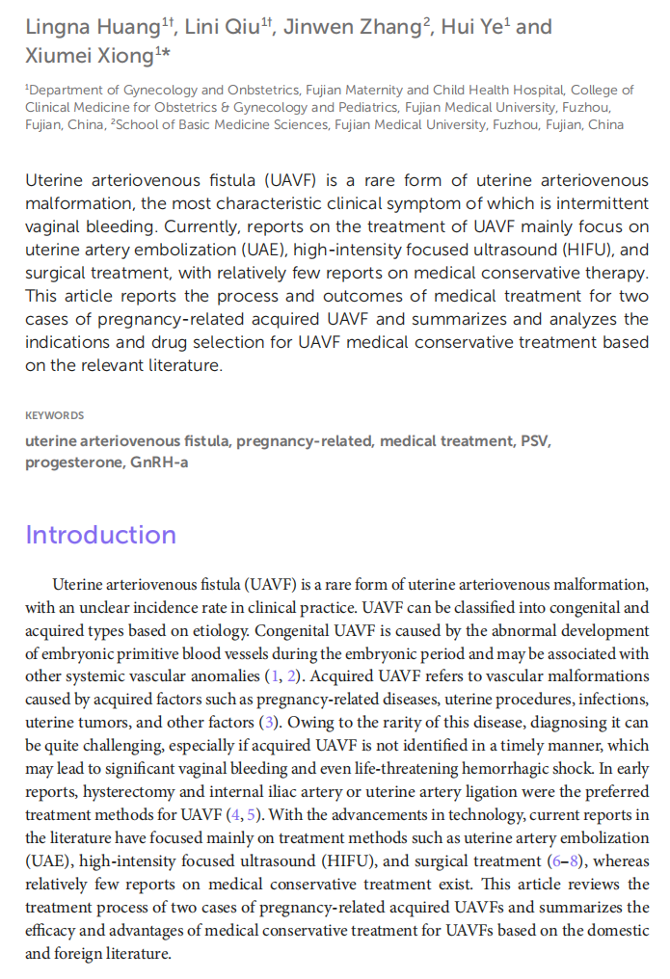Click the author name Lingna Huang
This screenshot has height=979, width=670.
(92, 27)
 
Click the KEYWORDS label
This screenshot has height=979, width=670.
(54, 415)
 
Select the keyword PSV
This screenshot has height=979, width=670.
(536, 441)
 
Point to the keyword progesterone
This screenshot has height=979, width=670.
(73, 463)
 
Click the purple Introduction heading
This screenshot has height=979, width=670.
(100, 535)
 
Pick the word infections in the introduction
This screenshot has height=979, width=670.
(614, 699)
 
